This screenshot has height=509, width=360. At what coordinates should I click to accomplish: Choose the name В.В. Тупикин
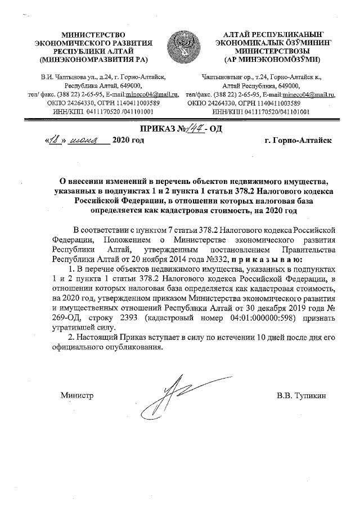click(301, 395)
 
